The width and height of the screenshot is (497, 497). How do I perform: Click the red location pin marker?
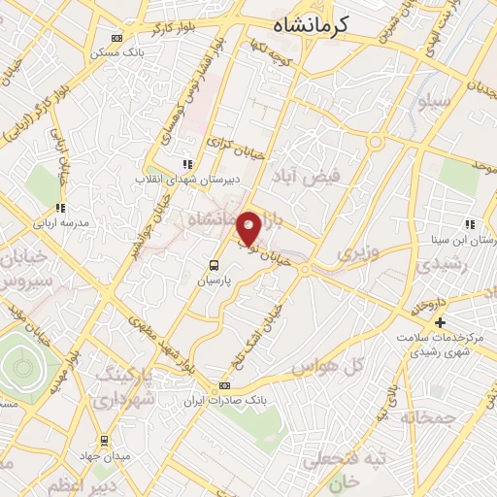click(x=249, y=228)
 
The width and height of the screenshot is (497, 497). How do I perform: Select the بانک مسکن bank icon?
click(x=117, y=39)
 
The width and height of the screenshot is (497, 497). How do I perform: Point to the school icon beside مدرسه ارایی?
click(x=60, y=208)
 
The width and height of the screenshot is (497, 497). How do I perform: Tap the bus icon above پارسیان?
click(x=214, y=264)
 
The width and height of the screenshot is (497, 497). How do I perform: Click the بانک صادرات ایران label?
click(x=224, y=399)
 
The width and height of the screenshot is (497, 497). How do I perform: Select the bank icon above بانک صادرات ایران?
click(x=224, y=385)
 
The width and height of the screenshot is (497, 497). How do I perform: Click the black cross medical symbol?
click(x=441, y=322)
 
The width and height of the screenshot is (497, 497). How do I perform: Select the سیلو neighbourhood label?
click(x=434, y=101)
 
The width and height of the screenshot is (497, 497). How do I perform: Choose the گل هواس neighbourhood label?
click(x=343, y=365)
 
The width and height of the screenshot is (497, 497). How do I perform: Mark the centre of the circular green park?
click(x=23, y=367)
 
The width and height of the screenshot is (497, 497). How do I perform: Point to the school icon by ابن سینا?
click(x=470, y=225)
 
